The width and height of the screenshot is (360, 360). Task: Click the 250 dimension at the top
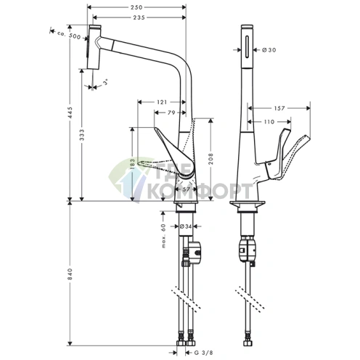tap(136, 7)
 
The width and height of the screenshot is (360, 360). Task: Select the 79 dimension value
tap(171, 112)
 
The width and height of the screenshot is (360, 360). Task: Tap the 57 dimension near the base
tap(186, 189)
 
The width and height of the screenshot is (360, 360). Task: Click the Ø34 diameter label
tap(186, 226)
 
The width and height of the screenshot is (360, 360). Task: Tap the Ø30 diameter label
tap(269, 50)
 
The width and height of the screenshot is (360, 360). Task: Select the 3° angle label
tap(105, 85)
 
